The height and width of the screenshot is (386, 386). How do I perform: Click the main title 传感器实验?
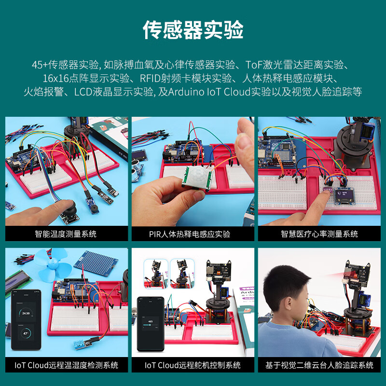[193, 30]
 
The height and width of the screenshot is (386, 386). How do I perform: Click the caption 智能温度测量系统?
[66, 234]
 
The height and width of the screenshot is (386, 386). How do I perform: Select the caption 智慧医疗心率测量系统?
[319, 234]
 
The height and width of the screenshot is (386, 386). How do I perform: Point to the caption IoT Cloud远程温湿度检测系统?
[67, 365]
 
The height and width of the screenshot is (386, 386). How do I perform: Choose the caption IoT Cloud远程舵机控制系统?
[193, 365]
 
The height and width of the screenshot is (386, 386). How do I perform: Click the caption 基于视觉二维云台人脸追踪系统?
[319, 365]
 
